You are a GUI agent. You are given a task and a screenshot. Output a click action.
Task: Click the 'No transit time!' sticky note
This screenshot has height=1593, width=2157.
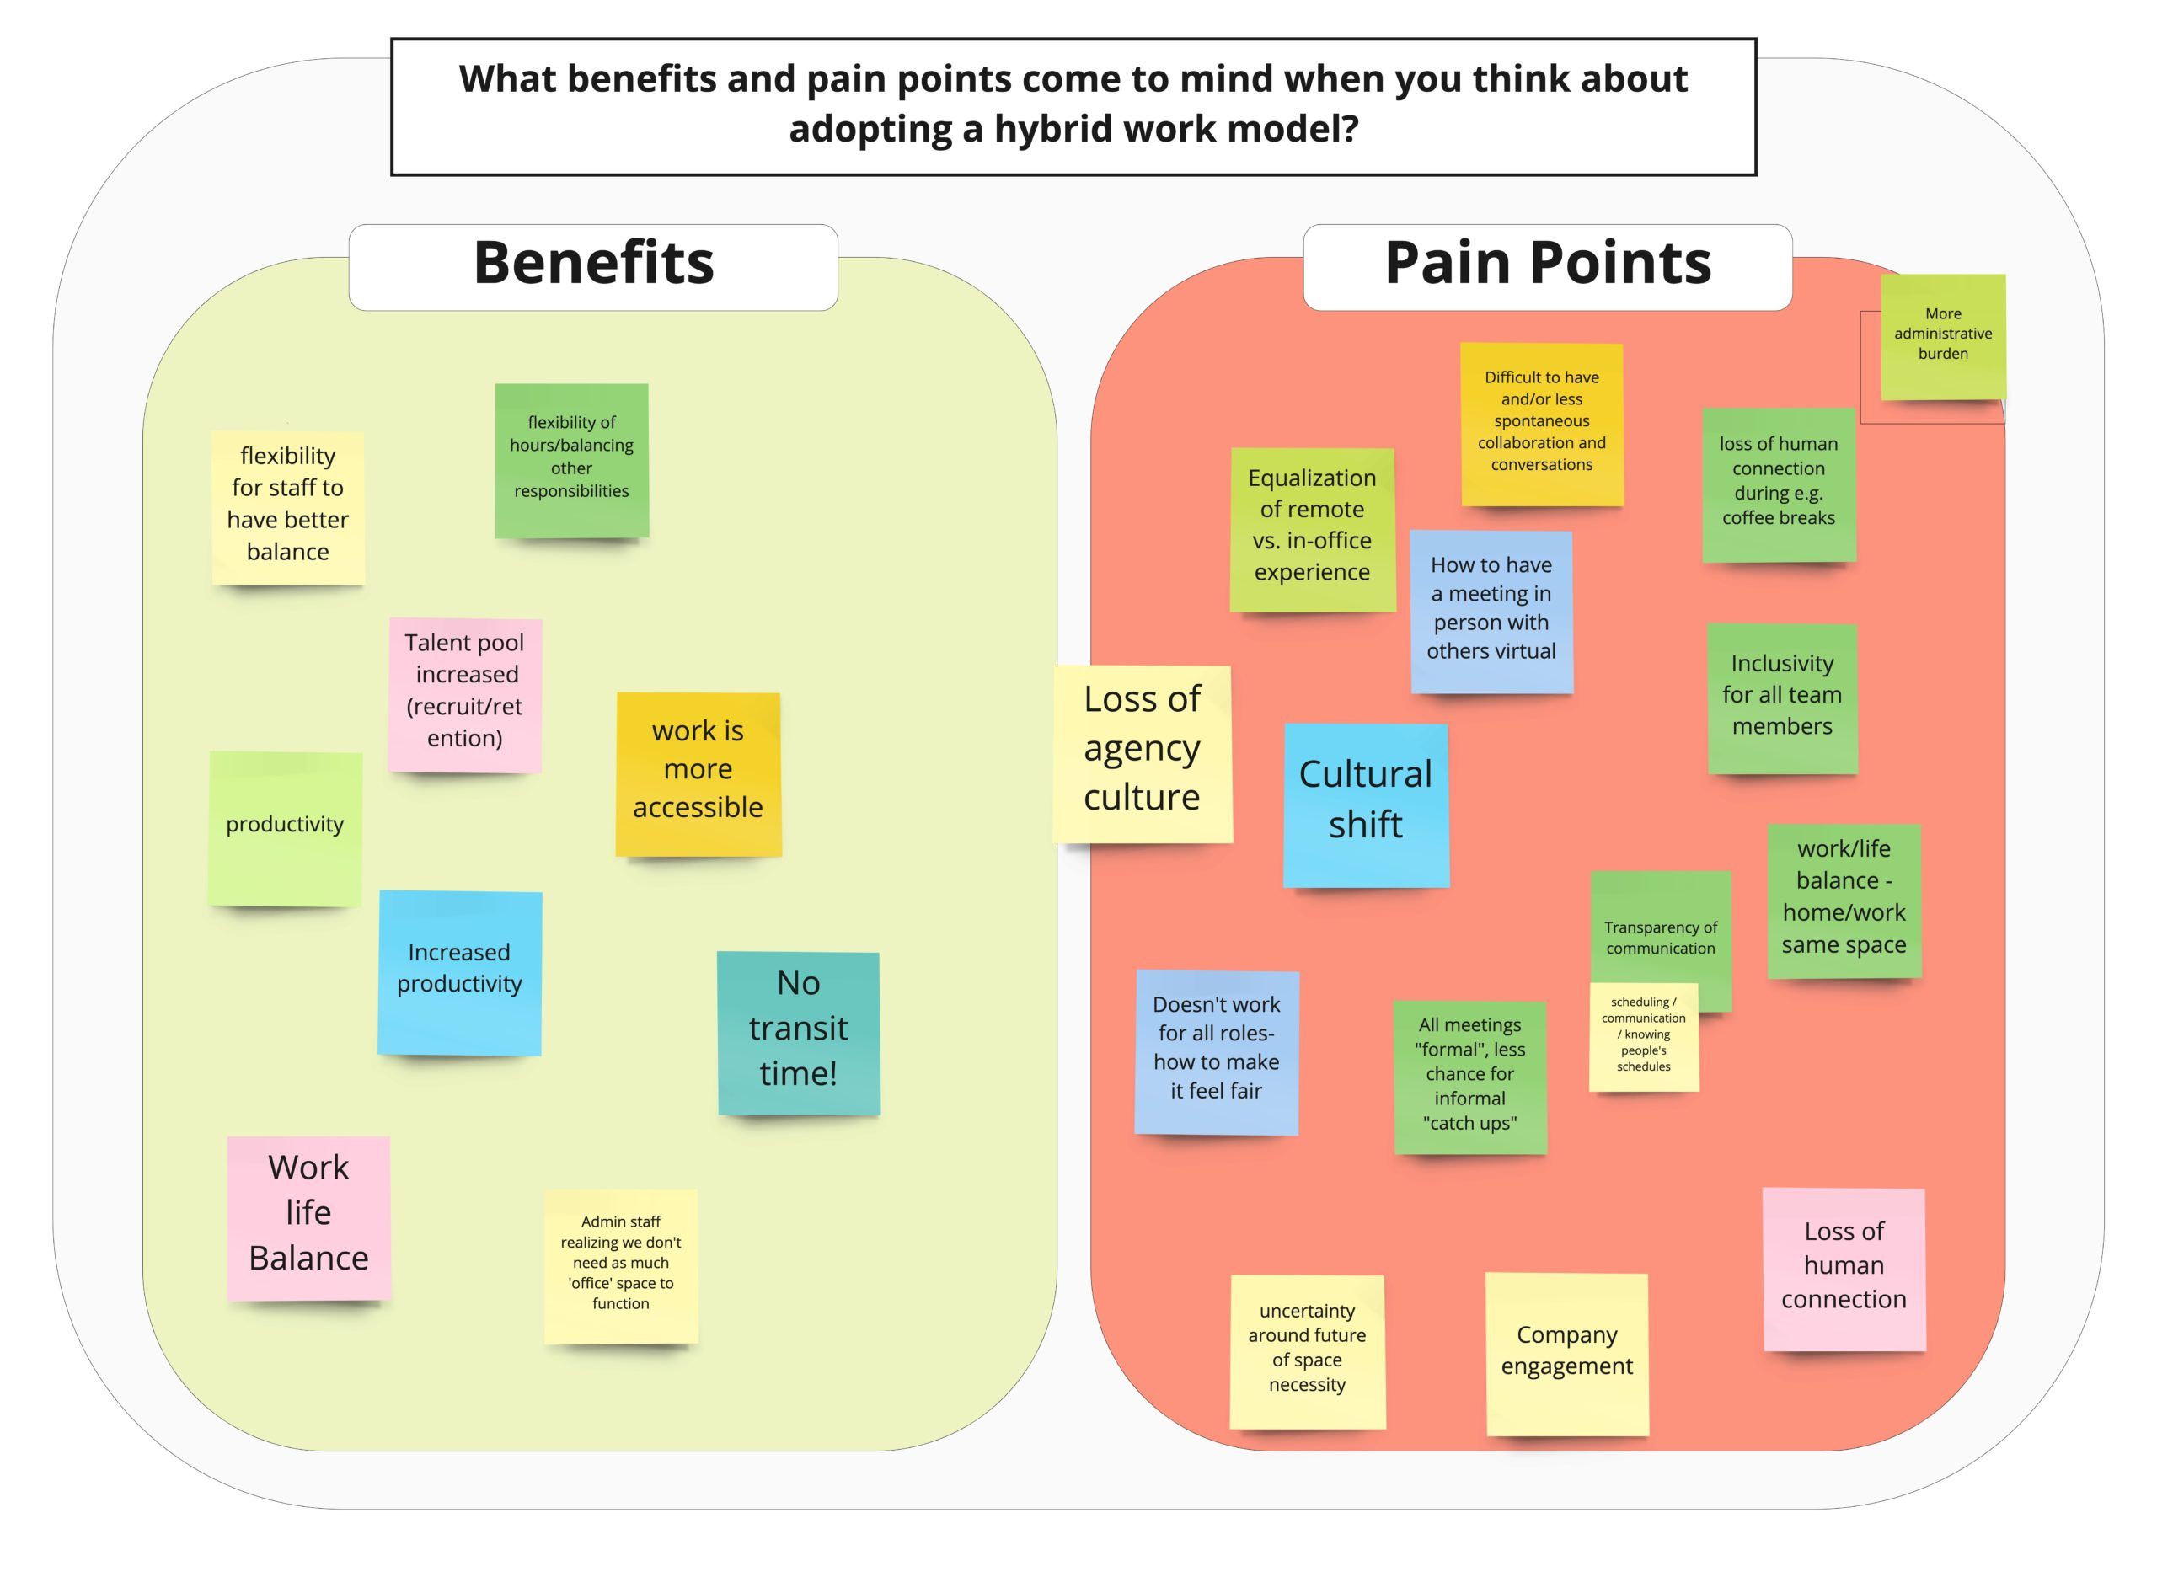799,1033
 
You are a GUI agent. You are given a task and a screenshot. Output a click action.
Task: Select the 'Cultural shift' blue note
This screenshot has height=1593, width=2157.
1365,805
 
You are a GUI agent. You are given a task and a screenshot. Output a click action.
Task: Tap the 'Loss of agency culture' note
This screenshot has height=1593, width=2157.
1142,753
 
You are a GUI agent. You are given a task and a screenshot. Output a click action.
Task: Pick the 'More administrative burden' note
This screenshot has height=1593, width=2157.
1942,336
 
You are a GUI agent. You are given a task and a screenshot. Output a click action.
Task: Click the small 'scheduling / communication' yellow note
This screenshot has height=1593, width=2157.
1643,1038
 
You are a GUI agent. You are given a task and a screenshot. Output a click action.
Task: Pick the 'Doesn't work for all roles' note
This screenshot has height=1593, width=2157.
1216,1051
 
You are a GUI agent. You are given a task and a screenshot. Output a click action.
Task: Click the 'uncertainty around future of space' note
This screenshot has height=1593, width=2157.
1307,1351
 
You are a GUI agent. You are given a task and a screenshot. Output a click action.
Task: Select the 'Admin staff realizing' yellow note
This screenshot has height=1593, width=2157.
621,1265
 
